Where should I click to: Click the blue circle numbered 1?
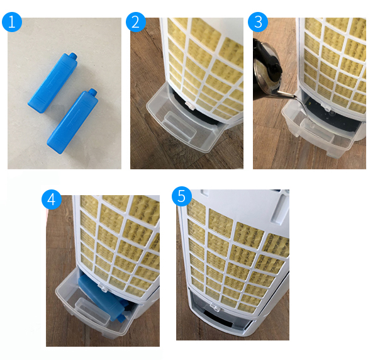point(12,22)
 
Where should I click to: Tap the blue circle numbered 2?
point(136,22)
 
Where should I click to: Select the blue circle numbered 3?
point(258,22)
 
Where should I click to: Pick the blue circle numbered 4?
point(52,200)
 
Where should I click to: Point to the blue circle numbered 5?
point(182,196)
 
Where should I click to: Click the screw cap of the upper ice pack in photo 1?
point(74,56)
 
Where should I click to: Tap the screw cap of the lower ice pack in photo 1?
point(92,93)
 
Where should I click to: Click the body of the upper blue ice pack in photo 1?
point(52,84)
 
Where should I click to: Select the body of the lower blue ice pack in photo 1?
point(72,122)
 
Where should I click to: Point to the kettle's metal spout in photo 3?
point(286,94)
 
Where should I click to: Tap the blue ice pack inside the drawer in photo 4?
point(102,296)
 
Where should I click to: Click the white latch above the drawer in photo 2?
point(189,105)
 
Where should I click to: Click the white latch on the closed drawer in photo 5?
point(215,307)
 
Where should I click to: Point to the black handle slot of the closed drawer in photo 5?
point(219,318)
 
